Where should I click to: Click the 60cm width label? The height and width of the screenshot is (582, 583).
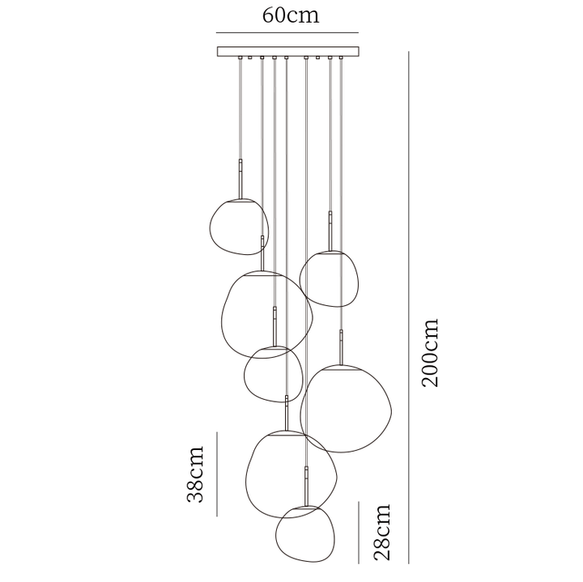pos(291,15)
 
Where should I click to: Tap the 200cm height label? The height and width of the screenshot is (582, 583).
pos(431,353)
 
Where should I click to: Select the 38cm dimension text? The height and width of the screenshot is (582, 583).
pos(195,474)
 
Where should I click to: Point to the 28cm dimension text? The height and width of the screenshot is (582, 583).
pos(382,532)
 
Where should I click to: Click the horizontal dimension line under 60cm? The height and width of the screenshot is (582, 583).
pos(287,32)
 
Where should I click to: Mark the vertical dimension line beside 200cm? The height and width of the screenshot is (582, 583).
pos(409,308)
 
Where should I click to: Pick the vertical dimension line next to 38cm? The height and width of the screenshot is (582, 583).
pos(217,474)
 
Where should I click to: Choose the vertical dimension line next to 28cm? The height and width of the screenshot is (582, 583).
pos(359,533)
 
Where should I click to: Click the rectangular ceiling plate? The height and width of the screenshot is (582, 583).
pos(288,51)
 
